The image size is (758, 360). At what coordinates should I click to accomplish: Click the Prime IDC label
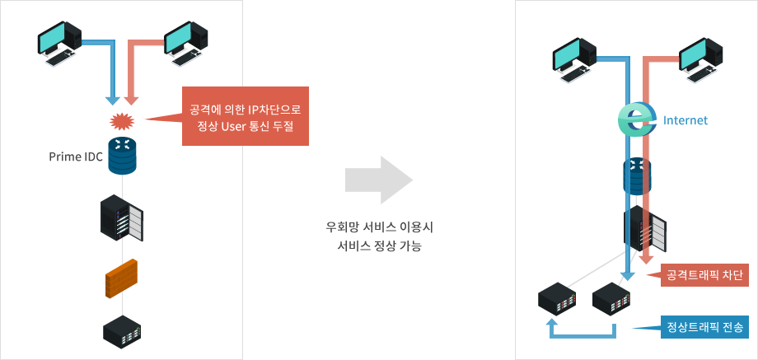(76, 157)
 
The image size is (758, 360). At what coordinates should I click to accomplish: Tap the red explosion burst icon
(121, 122)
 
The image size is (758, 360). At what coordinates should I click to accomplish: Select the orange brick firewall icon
(122, 278)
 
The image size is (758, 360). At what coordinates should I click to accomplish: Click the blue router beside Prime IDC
(122, 157)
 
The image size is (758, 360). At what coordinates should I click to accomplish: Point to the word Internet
(685, 120)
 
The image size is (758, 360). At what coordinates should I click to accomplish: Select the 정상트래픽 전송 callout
(704, 327)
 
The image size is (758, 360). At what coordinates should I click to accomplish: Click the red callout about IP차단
(245, 116)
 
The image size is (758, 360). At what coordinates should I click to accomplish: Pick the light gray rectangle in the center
(379, 179)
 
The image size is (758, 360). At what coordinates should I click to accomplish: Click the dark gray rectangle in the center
(379, 236)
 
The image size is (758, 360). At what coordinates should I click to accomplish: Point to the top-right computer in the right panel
(701, 63)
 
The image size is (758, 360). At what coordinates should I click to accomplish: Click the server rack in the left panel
(122, 218)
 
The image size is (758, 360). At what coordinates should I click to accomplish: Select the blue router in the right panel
(636, 174)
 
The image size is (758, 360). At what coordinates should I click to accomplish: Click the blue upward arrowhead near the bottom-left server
(553, 325)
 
